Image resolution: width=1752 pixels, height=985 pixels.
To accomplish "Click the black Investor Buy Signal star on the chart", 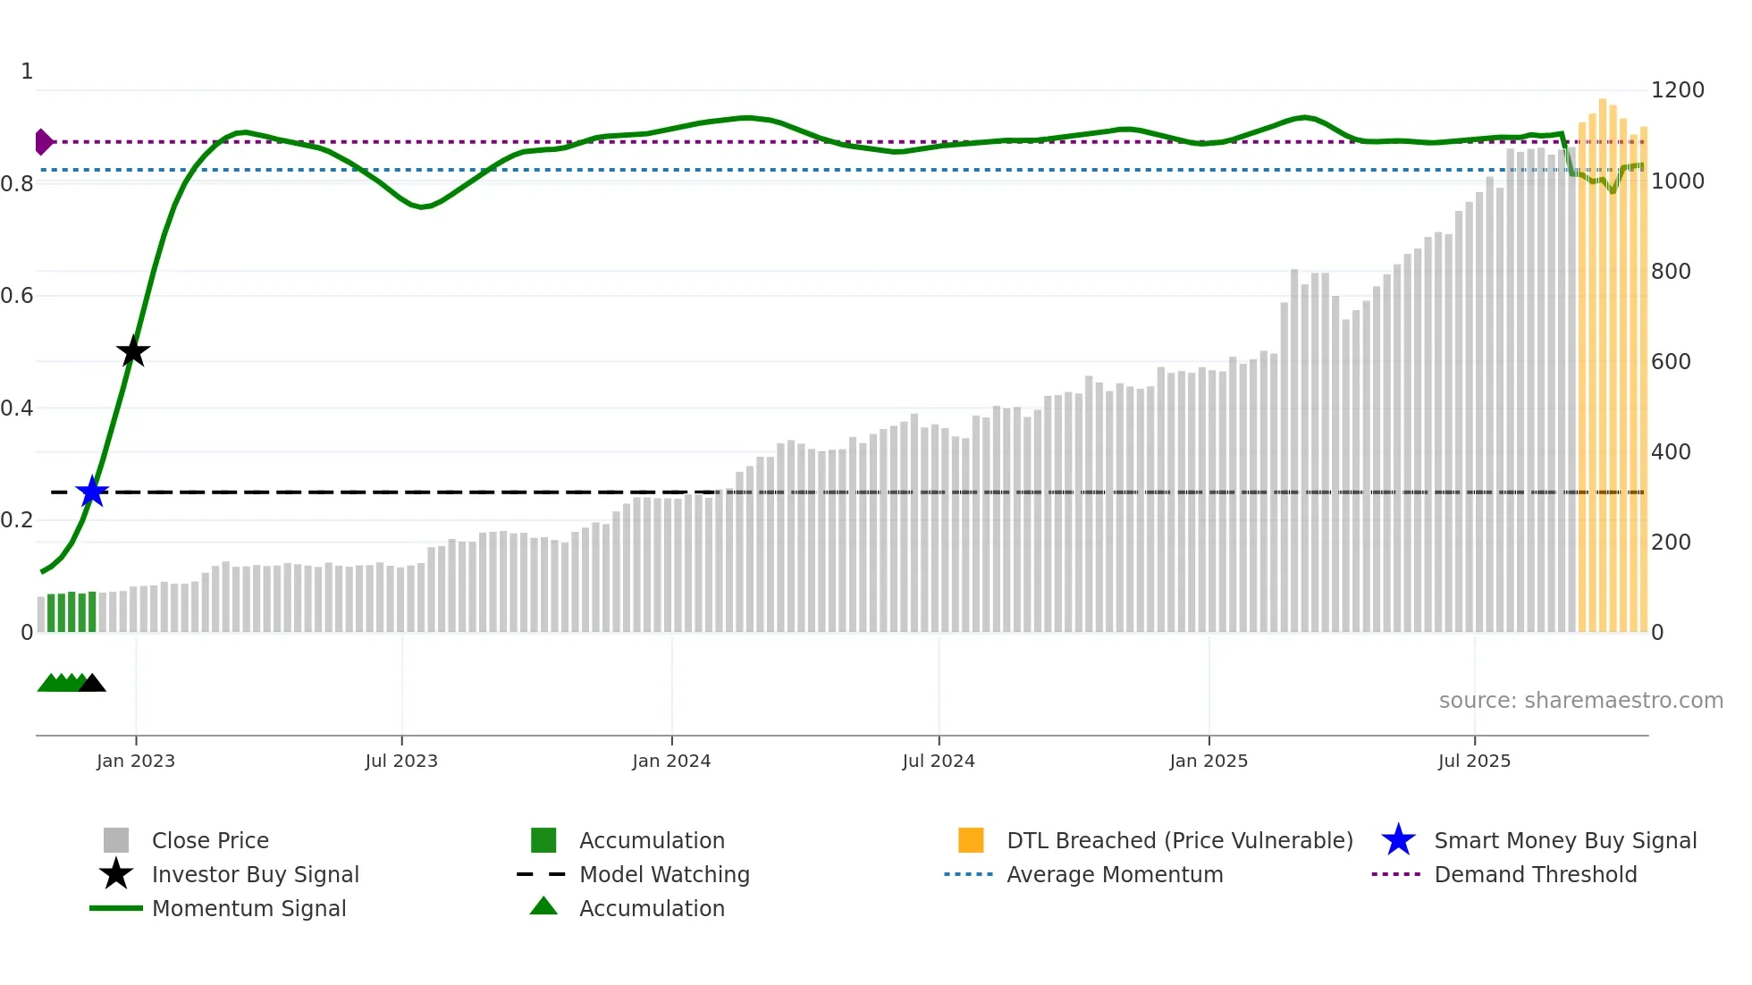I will [x=133, y=351].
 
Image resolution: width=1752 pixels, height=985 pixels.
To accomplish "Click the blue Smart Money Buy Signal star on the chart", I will [x=92, y=492].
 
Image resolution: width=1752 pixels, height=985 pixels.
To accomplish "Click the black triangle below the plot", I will [x=92, y=684].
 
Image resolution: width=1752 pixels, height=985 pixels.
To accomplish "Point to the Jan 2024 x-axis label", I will [x=671, y=761].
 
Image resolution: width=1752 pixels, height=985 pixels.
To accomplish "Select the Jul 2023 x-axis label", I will [x=401, y=761].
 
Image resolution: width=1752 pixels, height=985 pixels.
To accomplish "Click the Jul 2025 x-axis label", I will [x=1474, y=761].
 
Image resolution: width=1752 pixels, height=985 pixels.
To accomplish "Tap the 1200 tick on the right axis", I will [x=1677, y=90].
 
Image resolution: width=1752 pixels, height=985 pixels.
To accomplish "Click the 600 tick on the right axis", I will [x=1671, y=361].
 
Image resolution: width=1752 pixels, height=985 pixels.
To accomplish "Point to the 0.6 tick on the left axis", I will [x=17, y=296].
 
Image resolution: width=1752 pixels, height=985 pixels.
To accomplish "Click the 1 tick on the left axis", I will [x=27, y=72].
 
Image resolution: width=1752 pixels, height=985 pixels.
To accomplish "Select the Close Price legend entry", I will [x=210, y=840].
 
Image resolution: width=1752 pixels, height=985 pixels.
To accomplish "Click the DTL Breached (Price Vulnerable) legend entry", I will [x=1179, y=840].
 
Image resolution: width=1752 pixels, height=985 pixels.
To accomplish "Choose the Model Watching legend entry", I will [x=664, y=874].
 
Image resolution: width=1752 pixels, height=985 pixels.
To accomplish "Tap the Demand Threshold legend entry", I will [x=1535, y=874].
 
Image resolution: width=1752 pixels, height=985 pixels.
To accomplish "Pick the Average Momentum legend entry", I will [x=1114, y=874].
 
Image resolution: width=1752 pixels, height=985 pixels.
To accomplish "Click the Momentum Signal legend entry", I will [x=248, y=908].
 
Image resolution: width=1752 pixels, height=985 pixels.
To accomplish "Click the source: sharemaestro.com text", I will [x=1580, y=701].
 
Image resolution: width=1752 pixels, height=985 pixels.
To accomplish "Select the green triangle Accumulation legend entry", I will [x=652, y=908].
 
